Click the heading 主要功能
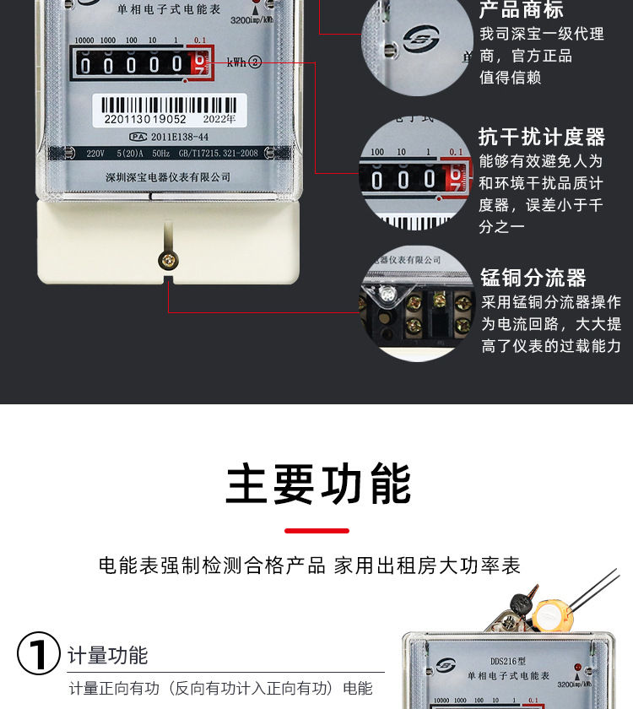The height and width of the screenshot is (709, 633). click(318, 484)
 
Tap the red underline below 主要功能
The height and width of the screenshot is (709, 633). click(316, 531)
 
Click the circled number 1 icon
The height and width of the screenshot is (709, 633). click(39, 654)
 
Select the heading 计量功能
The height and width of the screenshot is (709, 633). click(107, 656)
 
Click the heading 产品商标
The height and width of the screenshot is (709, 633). click(521, 10)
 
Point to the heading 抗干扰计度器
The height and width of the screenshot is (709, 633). click(542, 137)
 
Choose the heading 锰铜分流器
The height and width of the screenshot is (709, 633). click(533, 278)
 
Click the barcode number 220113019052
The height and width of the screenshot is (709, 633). click(145, 120)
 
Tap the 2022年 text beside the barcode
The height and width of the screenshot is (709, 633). click(219, 120)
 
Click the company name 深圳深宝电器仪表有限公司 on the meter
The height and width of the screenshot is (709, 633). click(168, 177)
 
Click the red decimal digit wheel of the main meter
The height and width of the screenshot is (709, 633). click(199, 63)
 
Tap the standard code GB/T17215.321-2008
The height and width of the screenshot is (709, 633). click(219, 154)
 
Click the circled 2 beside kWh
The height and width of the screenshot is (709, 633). click(255, 62)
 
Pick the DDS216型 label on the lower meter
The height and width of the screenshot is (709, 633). click(508, 663)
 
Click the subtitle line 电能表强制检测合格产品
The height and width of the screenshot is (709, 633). click(212, 566)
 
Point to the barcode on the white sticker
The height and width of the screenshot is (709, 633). click(169, 106)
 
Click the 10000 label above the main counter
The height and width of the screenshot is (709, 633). click(84, 41)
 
